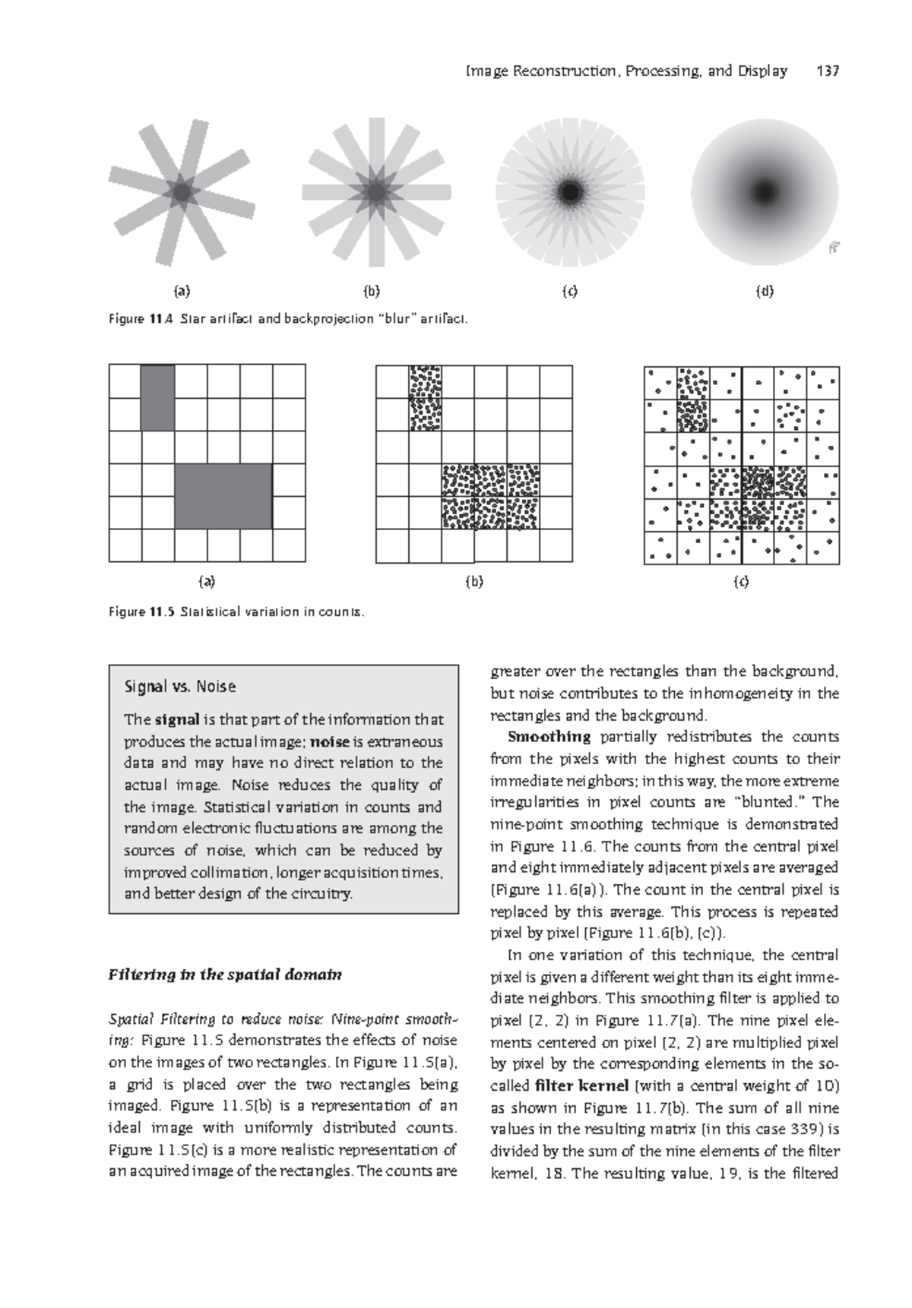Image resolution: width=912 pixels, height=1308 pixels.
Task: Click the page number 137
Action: [827, 71]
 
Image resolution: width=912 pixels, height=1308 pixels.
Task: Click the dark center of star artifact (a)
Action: [182, 193]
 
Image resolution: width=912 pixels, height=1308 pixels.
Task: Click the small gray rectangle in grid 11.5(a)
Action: [157, 397]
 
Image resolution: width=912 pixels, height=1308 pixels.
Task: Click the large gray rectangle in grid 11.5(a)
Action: [223, 496]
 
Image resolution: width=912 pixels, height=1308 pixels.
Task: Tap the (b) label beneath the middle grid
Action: [473, 583]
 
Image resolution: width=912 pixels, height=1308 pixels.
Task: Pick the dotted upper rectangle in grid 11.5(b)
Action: [425, 397]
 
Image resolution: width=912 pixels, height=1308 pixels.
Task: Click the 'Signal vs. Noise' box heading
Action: [179, 687]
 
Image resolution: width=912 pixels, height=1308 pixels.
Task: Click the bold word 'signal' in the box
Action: [177, 719]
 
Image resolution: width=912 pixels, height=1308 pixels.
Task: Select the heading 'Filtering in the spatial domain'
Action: [226, 975]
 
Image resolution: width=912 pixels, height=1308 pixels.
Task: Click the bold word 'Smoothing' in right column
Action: [549, 737]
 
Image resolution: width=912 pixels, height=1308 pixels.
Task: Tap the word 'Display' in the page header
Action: [762, 71]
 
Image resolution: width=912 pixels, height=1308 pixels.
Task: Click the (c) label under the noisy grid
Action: [741, 583]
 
